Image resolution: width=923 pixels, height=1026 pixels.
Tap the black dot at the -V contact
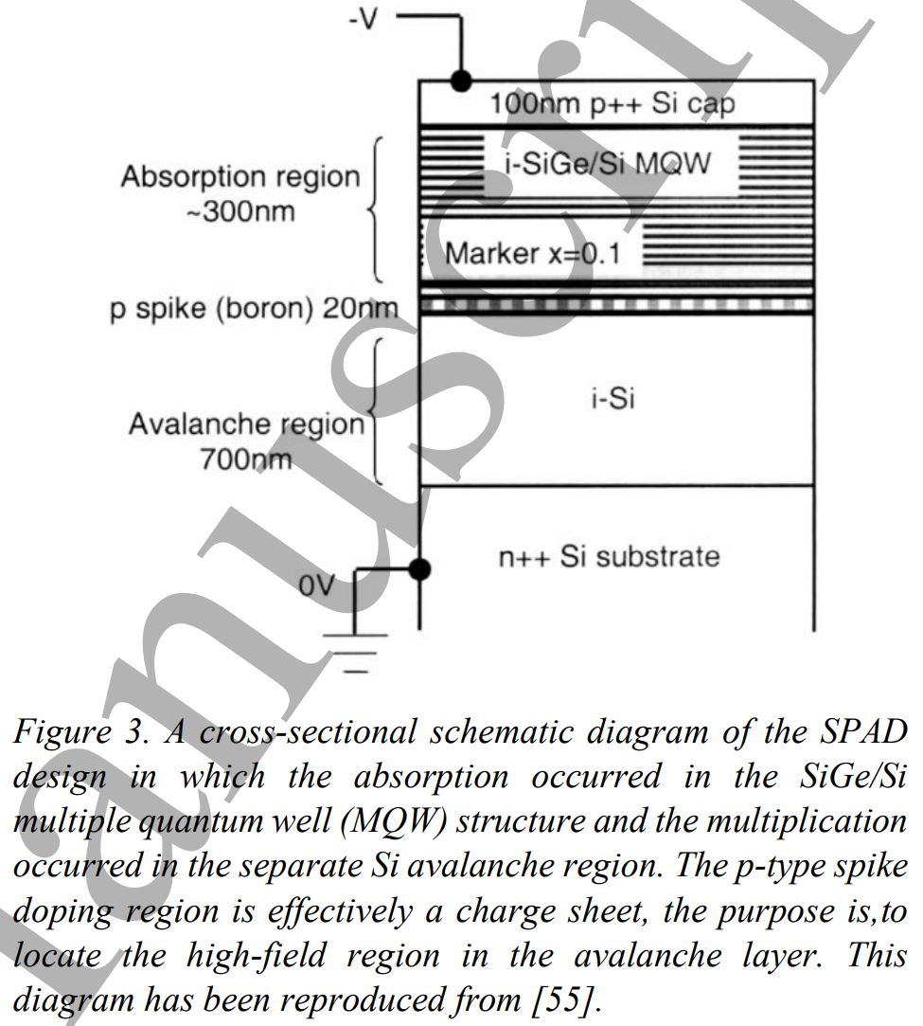pos(462,80)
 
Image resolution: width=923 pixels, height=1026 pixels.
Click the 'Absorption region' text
pos(240,177)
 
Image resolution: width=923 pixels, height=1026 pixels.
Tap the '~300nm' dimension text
pos(240,210)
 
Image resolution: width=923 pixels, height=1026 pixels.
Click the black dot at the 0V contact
pos(419,569)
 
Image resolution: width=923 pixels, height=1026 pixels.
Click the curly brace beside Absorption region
pos(376,209)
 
